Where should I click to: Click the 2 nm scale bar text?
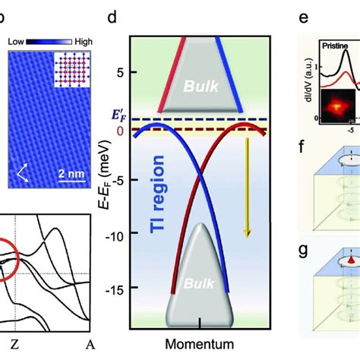point(73,174)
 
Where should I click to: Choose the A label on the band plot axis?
point(90,345)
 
